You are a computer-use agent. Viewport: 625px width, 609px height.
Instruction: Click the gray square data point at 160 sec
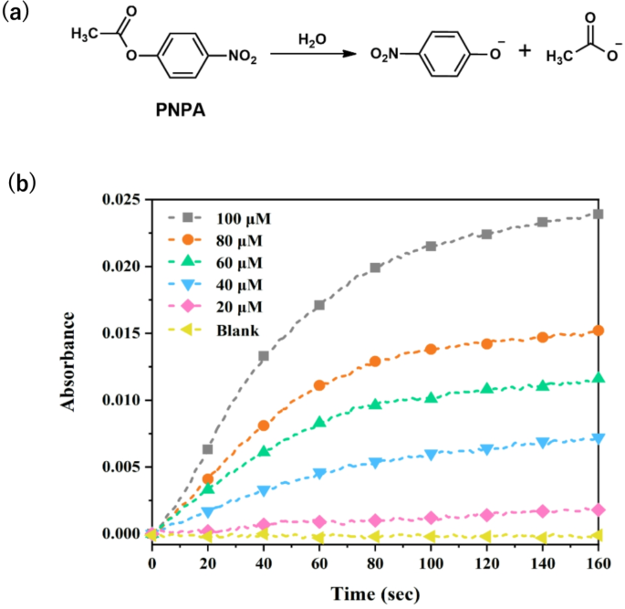[x=599, y=214]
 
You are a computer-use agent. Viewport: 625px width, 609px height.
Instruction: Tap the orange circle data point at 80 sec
[x=375, y=362]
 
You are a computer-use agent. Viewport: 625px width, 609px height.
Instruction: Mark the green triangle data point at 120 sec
[x=486, y=388]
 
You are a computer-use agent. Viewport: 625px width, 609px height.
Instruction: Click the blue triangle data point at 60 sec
[x=319, y=473]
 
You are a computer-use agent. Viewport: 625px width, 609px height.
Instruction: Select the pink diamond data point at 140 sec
[x=543, y=510]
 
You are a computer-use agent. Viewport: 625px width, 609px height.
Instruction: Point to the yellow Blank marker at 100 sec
[x=431, y=537]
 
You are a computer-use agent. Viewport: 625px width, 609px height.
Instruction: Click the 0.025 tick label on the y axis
[x=122, y=199]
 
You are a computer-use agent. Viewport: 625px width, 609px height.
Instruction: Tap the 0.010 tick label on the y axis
[x=122, y=400]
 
